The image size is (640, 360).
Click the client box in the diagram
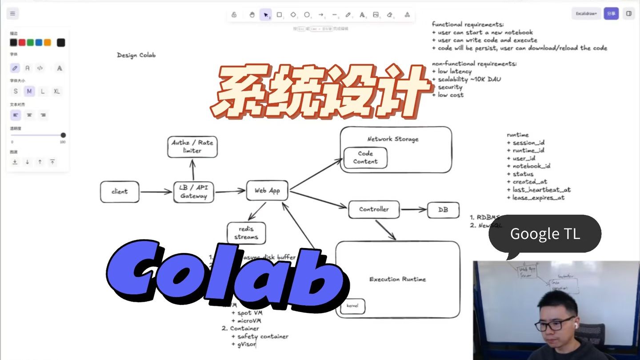point(120,192)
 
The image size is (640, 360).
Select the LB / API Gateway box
point(193,192)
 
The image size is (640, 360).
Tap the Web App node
point(267,191)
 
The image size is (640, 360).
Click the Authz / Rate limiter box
point(192,147)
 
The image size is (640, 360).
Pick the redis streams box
point(246,233)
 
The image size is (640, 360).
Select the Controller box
point(374,209)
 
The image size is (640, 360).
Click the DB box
point(443,210)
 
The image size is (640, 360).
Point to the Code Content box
point(365,158)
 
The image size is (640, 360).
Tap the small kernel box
point(353,306)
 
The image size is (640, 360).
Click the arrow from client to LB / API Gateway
point(156,192)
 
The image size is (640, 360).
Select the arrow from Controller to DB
point(413,209)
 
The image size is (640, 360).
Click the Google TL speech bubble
point(545,234)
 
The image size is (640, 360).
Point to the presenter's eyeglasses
point(554,324)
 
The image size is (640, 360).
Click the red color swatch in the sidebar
point(22,43)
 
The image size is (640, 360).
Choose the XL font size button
point(56,91)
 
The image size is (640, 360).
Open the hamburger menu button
point(12,13)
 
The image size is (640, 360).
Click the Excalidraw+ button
point(586,13)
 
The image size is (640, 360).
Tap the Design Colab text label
point(136,55)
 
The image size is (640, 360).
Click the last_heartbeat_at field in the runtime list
point(541,190)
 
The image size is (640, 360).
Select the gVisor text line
point(247,344)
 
